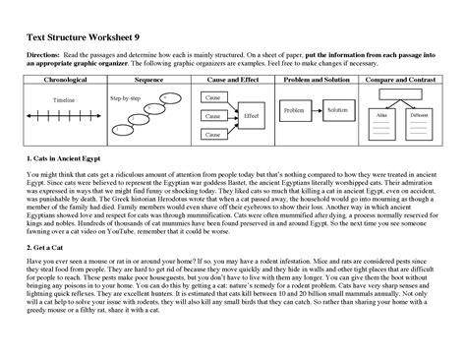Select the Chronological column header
57,78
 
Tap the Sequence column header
146,78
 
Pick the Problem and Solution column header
319,78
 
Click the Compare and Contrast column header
407,78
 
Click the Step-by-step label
125,98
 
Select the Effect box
251,115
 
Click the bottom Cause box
210,133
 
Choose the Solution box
338,110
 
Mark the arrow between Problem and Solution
317,110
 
